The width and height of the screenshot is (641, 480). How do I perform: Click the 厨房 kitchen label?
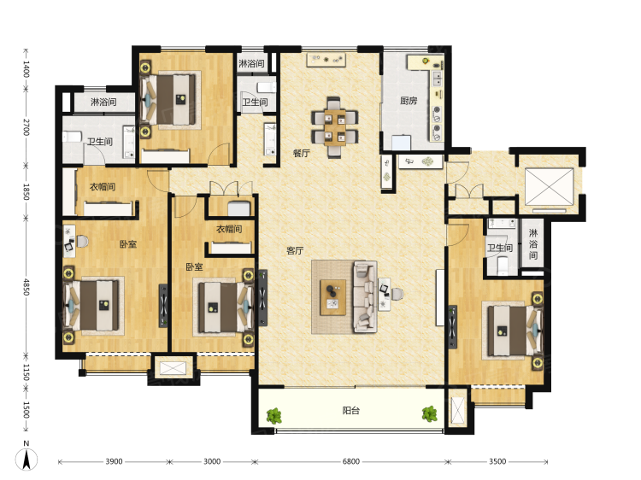(409, 101)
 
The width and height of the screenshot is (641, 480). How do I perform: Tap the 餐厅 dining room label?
(302, 153)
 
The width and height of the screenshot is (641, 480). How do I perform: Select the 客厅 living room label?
(295, 250)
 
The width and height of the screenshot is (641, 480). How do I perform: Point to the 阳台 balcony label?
(350, 410)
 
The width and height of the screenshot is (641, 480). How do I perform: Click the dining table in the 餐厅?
(335, 127)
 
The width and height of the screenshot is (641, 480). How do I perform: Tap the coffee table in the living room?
(332, 297)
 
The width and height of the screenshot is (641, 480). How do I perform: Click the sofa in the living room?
(365, 296)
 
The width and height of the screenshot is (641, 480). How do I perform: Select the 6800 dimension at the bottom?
(350, 461)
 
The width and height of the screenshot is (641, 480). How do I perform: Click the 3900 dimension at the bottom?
(114, 461)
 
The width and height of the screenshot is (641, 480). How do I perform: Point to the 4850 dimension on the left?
(26, 287)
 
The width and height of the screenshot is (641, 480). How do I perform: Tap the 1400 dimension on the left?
(26, 68)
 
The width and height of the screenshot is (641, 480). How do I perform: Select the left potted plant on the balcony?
(274, 416)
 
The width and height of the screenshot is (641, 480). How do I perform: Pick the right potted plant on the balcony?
(430, 414)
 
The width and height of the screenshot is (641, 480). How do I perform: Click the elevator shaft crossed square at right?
(549, 186)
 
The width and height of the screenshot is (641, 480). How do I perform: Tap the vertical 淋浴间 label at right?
(533, 244)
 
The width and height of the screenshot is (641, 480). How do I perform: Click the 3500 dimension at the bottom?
(497, 461)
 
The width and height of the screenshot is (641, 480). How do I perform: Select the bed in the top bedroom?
(168, 100)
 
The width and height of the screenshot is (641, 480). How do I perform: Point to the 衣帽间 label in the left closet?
(103, 187)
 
